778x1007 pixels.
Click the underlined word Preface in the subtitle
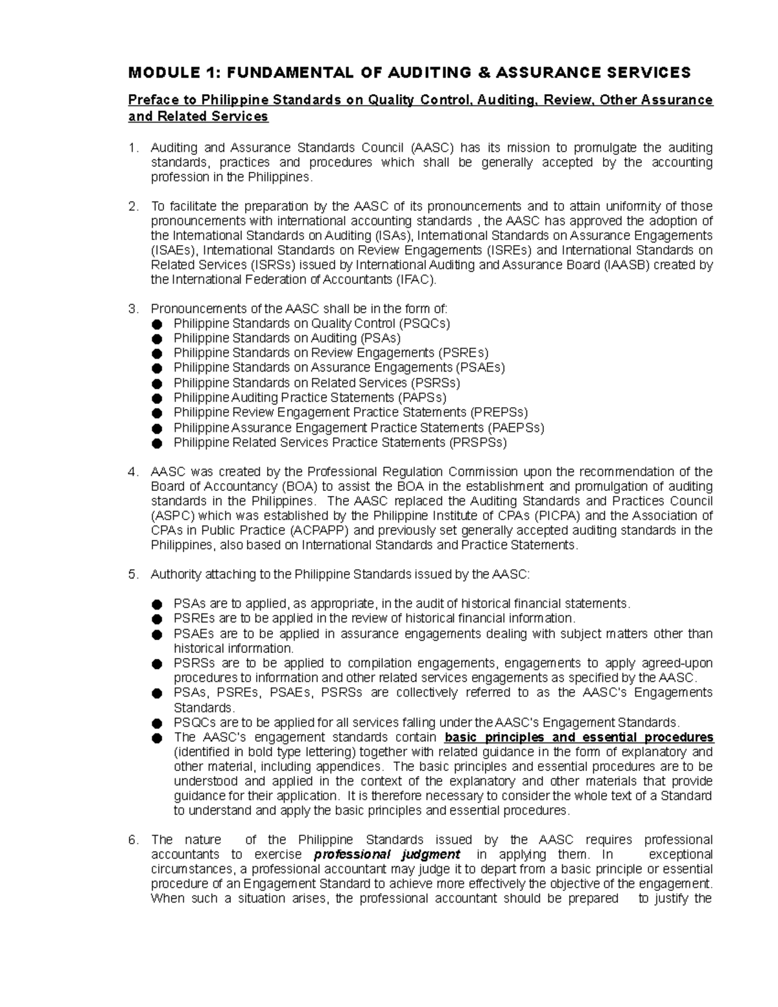coord(152,100)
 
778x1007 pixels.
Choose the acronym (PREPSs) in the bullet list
coord(499,412)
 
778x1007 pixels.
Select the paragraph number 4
coord(133,471)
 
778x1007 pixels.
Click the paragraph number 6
coord(133,840)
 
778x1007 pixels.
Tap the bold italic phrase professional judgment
coord(386,855)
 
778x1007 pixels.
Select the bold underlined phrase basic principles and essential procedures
coord(579,737)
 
